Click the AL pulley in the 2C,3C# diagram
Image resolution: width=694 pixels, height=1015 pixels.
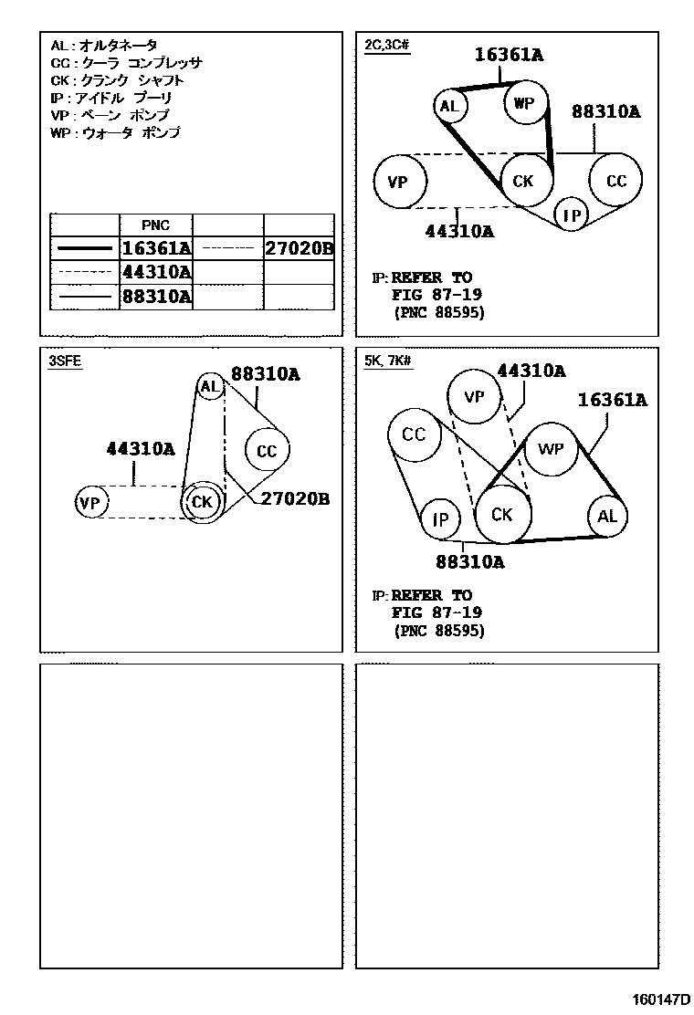448,106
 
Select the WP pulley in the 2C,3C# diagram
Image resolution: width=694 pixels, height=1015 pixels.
524,103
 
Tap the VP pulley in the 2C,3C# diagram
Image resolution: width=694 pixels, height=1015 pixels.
399,182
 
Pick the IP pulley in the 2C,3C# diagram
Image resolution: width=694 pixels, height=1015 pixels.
573,215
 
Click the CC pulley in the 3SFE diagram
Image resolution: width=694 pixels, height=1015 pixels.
266,451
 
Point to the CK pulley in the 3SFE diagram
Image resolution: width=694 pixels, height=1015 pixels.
202,501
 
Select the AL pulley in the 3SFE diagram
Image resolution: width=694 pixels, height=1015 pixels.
211,387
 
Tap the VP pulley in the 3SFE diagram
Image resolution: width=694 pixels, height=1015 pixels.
89,502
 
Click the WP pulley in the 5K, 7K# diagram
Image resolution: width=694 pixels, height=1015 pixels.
552,449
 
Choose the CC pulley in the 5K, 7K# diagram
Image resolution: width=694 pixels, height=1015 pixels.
414,434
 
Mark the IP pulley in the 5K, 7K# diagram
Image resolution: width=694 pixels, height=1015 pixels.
441,519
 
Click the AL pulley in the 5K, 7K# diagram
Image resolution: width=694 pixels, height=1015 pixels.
607,517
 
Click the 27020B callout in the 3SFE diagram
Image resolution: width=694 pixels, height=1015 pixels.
295,498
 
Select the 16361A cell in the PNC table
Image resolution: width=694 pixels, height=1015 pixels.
156,248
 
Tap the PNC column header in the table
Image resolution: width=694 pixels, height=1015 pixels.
155,225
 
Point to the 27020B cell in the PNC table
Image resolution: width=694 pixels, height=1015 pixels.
299,248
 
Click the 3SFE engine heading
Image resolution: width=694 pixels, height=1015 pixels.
65,361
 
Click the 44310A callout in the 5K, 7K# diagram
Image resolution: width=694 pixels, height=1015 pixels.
531,371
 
